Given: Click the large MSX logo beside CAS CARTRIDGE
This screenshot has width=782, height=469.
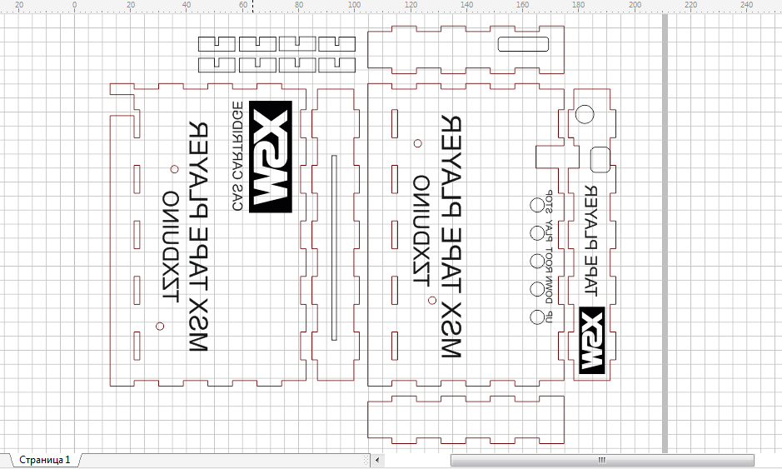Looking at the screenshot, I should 271,154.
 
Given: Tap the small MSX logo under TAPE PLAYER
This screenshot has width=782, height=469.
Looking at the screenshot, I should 590,339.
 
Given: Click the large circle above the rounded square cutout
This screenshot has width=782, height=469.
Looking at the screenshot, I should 584,115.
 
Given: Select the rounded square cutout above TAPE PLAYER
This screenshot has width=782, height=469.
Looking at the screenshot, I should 600,157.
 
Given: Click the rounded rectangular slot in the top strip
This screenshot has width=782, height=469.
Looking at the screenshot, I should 522,45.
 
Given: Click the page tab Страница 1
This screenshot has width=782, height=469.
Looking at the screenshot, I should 45,459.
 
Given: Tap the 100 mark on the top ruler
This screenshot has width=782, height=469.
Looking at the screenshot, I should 355,5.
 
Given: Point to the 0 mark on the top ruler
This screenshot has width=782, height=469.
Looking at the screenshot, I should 75,5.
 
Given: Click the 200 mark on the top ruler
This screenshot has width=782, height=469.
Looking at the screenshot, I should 635,5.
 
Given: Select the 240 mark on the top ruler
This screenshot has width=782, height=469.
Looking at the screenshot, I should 746,5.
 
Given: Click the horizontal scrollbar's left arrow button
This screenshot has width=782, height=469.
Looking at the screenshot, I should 378,460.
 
